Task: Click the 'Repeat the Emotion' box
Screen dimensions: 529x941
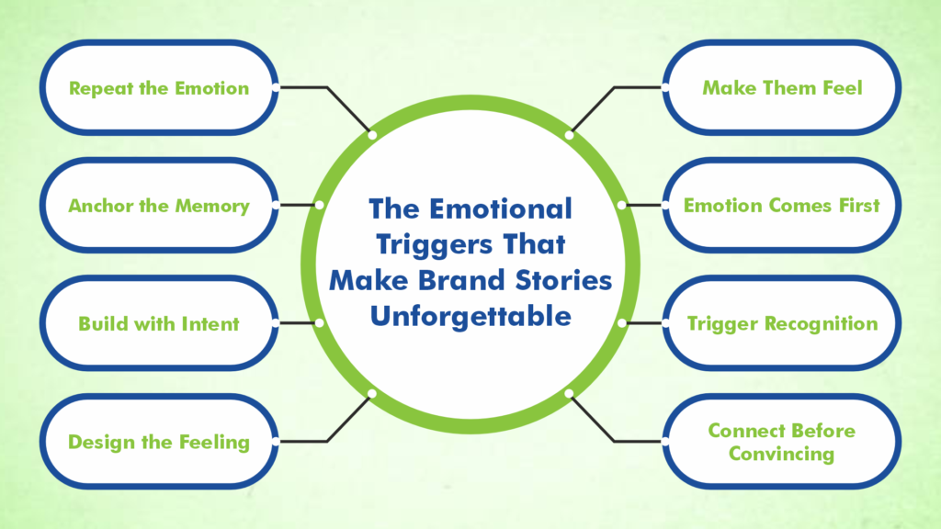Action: click(158, 88)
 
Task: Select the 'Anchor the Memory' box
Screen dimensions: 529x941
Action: click(158, 206)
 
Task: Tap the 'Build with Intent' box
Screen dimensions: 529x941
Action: click(158, 323)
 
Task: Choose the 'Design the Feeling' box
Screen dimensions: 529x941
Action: click(158, 442)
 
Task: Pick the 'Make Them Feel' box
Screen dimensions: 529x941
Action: click(782, 88)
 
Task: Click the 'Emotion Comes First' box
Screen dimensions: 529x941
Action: click(782, 206)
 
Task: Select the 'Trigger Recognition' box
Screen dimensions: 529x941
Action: click(782, 323)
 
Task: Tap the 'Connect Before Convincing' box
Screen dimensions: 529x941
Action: click(782, 442)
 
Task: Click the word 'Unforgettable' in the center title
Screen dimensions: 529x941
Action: click(470, 316)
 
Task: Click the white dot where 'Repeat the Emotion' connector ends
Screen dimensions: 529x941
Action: click(372, 135)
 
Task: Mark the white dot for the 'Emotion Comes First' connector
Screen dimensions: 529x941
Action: click(622, 205)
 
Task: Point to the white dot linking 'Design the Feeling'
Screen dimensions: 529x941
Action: click(372, 393)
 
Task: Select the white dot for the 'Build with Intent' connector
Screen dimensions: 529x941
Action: click(319, 323)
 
